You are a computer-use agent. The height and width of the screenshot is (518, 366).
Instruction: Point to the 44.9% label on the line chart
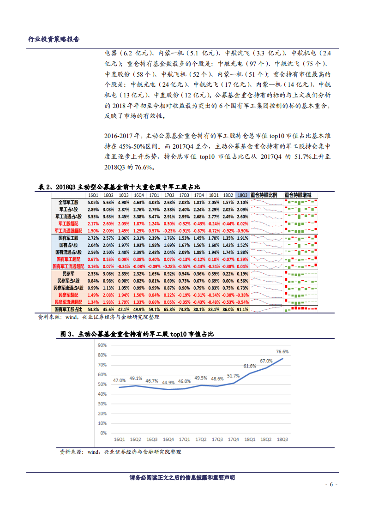[x=168, y=382]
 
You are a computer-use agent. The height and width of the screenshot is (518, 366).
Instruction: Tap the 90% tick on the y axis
[x=102, y=345]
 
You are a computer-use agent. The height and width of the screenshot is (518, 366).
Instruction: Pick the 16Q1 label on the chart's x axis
[x=120, y=440]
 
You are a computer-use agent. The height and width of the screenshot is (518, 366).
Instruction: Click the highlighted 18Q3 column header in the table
[x=242, y=195]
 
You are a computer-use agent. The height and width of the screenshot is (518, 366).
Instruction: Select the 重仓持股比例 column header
[x=264, y=195]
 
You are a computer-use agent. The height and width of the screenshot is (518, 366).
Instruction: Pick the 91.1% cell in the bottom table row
[x=242, y=309]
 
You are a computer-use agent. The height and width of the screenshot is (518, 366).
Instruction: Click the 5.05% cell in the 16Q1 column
[x=93, y=203]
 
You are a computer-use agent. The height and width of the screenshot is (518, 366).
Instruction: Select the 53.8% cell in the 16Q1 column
[x=93, y=309]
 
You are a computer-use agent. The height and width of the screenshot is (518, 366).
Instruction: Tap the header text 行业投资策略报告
[x=54, y=40]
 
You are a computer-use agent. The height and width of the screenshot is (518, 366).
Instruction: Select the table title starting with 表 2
[x=119, y=187]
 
